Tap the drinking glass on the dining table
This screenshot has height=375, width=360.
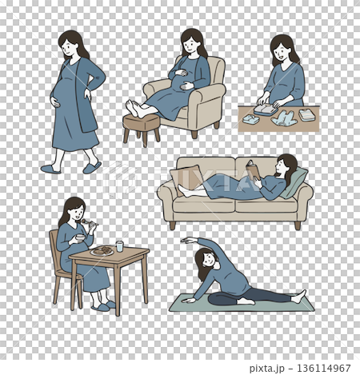[119, 246]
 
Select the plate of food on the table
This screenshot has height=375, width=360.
[102, 251]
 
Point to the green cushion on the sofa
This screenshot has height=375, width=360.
[294, 183]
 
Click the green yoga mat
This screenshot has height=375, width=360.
[240, 305]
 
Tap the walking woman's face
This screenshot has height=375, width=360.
[71, 48]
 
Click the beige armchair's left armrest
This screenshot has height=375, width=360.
[156, 98]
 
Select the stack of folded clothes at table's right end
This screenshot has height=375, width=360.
[307, 115]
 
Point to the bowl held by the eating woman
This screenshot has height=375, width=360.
[80, 237]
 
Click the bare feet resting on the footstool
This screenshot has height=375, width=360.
[136, 109]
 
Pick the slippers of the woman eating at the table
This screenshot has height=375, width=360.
[103, 305]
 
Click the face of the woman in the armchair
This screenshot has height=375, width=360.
[190, 46]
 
